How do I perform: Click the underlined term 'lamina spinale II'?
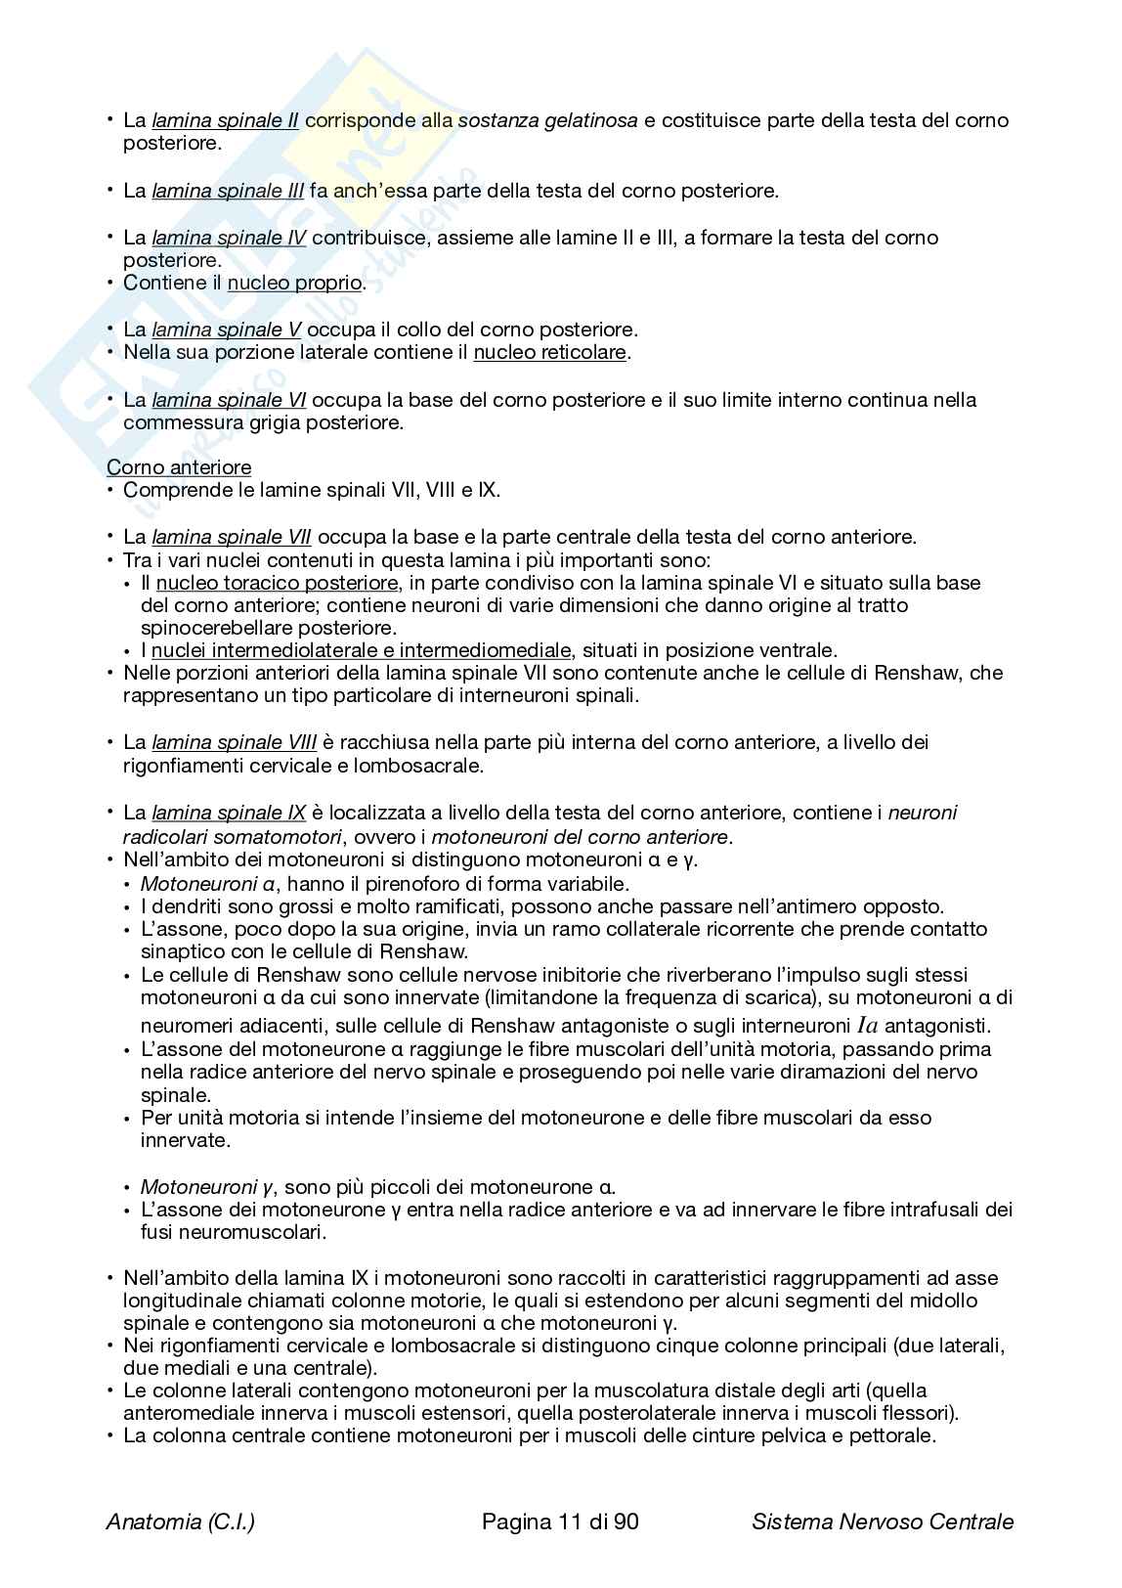coord(225,121)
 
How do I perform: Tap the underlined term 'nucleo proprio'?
coord(294,285)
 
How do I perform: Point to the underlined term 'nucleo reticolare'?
coord(549,353)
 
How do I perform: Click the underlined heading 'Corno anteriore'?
coord(179,468)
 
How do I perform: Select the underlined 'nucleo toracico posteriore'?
coord(278,584)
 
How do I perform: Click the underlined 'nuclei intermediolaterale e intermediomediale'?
coord(361,651)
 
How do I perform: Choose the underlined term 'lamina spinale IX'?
coord(229,814)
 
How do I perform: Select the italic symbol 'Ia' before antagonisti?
coord(869,1026)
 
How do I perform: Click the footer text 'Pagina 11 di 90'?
coord(561,1522)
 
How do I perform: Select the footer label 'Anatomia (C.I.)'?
coord(181,1522)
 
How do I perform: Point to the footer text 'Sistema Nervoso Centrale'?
coord(883,1522)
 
